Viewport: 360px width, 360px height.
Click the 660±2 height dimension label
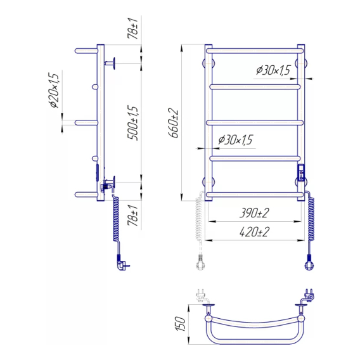pyautogui.click(x=174, y=123)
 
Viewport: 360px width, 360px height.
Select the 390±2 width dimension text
pyautogui.click(x=254, y=213)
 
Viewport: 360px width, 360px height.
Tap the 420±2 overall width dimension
pyautogui.click(x=254, y=232)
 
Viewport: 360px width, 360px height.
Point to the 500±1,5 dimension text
pyautogui.click(x=132, y=123)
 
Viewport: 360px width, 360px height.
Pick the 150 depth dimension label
pyautogui.click(x=181, y=324)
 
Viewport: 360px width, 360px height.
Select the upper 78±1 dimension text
pyautogui.click(x=133, y=29)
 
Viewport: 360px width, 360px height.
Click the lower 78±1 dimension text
pyautogui.click(x=133, y=215)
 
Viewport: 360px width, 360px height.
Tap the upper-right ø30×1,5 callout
pyautogui.click(x=273, y=70)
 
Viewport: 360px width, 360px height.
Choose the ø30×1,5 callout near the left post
pyautogui.click(x=235, y=139)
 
